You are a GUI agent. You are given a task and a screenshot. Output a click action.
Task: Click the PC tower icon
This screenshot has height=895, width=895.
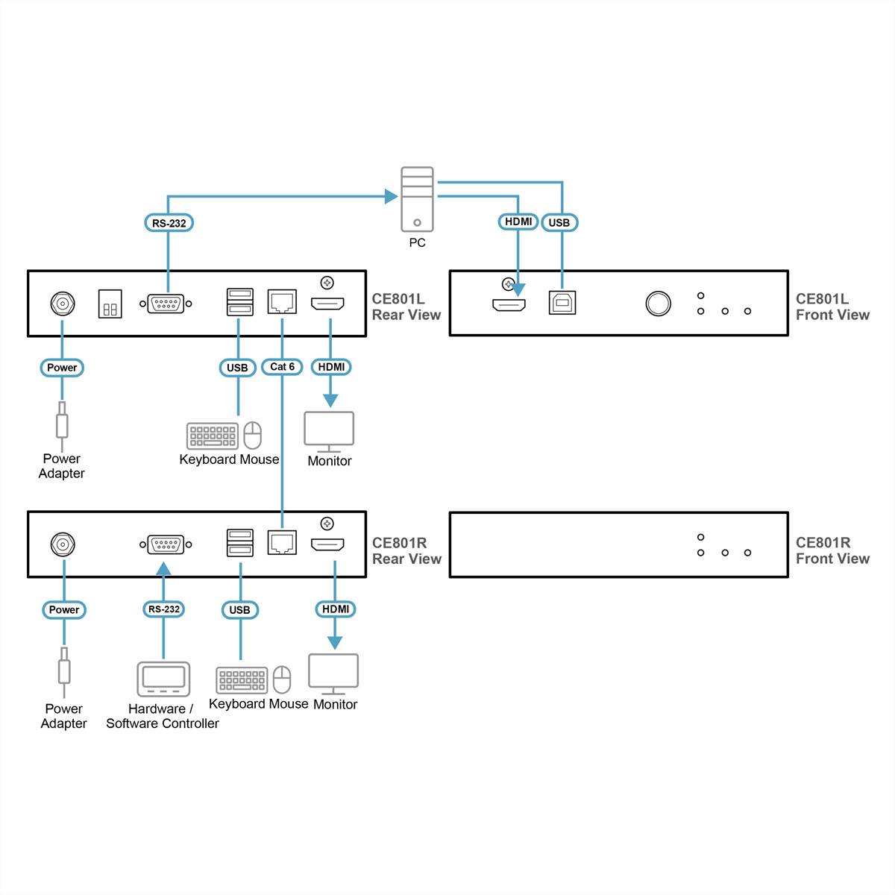tap(417, 198)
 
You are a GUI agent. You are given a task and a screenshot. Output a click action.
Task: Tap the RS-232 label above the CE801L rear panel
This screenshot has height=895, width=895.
tap(169, 223)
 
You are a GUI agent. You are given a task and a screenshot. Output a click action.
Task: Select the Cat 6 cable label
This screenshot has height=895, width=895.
tap(282, 367)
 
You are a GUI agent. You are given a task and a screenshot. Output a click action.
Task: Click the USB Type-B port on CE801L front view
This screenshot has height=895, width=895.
tap(562, 303)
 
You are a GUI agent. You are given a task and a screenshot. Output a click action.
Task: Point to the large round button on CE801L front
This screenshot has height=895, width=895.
tap(658, 304)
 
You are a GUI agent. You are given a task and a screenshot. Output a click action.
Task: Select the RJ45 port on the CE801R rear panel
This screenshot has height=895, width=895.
tap(282, 543)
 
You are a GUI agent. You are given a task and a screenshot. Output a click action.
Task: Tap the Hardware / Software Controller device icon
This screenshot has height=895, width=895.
tap(163, 679)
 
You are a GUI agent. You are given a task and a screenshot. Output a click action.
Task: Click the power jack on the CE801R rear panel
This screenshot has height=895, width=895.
tap(63, 544)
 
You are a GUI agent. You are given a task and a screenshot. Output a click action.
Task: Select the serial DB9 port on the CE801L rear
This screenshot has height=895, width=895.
tap(166, 304)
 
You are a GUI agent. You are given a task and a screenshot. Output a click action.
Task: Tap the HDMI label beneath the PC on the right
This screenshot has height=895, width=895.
tap(518, 222)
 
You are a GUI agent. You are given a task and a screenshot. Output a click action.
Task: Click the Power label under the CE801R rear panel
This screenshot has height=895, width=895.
tap(64, 610)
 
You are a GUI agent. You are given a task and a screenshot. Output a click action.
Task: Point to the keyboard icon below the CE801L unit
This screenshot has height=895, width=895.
tap(213, 436)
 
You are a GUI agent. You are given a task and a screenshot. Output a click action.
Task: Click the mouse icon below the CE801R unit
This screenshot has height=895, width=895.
tap(281, 679)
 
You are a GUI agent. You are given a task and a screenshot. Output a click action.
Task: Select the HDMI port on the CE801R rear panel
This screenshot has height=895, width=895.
tap(327, 544)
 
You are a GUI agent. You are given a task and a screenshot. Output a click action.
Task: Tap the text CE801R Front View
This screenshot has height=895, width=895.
tap(832, 550)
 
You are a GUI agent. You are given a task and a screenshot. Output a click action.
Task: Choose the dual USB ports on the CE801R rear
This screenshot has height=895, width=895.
tap(239, 543)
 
